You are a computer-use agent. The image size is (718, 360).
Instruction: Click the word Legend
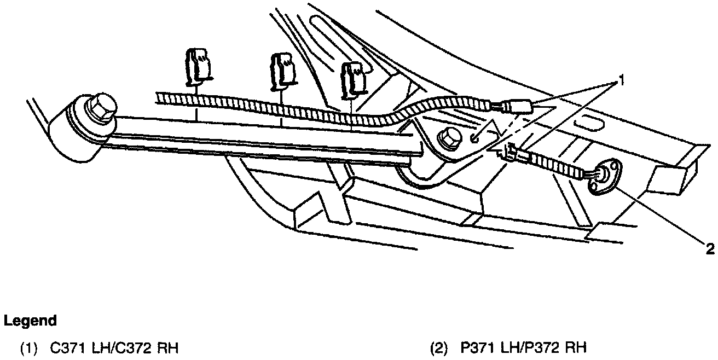pyautogui.click(x=30, y=321)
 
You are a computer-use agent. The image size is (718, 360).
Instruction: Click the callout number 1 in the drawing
pyautogui.click(x=621, y=82)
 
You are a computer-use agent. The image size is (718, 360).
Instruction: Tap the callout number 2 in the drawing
pyautogui.click(x=710, y=249)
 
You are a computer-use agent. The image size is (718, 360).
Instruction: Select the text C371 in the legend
pyautogui.click(x=65, y=347)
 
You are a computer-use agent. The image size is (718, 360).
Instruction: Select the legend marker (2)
pyautogui.click(x=439, y=347)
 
